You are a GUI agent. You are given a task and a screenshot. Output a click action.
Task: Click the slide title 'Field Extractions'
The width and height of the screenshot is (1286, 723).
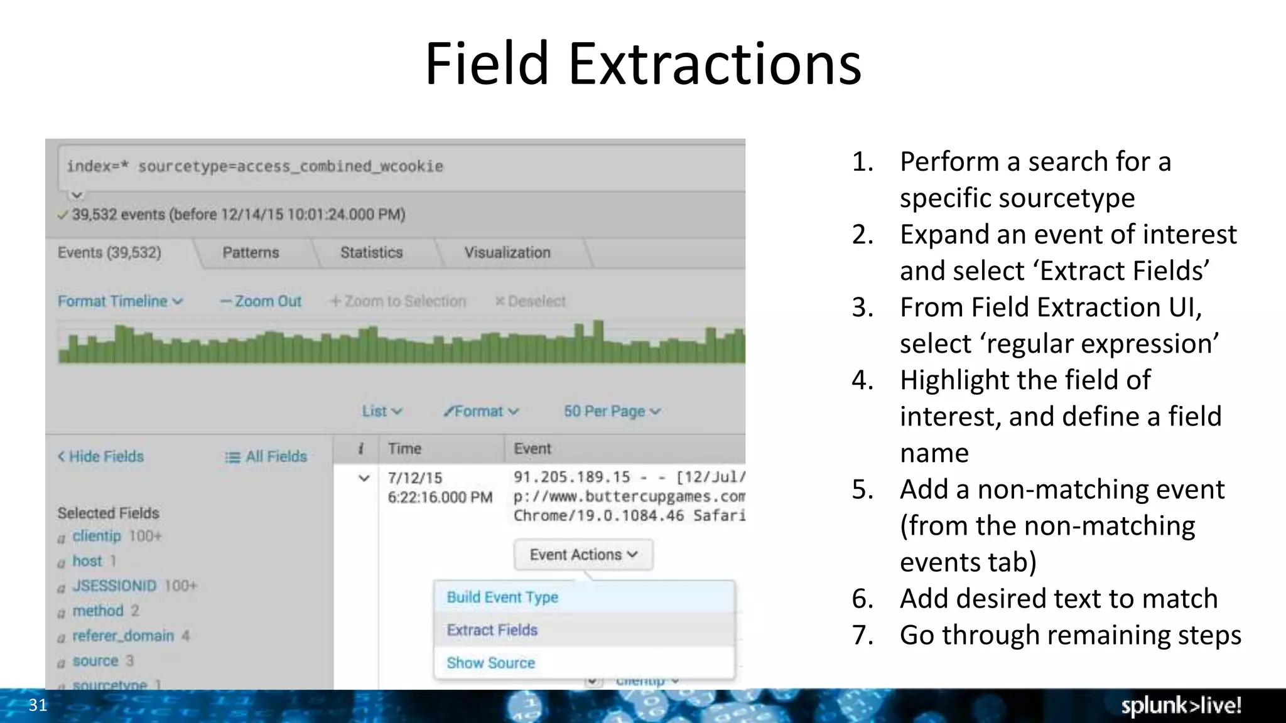[x=643, y=64]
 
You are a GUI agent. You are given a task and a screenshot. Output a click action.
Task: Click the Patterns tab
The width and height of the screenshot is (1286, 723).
[x=251, y=252]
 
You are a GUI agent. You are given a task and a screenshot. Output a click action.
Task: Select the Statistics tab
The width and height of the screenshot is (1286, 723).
[x=371, y=252]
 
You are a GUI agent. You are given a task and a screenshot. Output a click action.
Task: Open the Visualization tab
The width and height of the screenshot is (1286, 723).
[x=507, y=252]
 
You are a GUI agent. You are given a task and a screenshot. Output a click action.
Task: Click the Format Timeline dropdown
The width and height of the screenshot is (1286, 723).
[x=120, y=301]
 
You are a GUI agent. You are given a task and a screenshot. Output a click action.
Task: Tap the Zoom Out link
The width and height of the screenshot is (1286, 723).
[x=261, y=301]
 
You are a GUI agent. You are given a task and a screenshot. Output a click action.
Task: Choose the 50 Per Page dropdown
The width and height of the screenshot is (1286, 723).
[x=612, y=411]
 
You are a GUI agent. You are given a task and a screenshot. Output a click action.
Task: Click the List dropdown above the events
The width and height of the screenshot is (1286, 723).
[x=381, y=411]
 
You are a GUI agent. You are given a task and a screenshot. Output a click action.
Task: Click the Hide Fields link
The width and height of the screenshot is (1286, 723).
[x=101, y=456]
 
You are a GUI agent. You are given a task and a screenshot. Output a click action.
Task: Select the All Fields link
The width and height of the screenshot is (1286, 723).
[x=266, y=456]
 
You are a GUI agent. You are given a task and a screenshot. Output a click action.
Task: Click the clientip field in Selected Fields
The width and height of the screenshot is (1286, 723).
[x=97, y=536]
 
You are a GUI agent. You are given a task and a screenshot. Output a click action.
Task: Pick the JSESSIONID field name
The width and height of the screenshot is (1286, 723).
[x=114, y=586]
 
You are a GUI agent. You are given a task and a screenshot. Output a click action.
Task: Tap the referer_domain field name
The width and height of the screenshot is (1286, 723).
[x=123, y=636]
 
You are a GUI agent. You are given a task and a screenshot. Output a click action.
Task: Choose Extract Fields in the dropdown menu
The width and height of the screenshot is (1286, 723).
[x=492, y=629]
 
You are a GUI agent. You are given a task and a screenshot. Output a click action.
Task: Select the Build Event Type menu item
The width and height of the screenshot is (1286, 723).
[x=502, y=597]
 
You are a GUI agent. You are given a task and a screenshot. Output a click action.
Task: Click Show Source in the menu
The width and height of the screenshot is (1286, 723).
[x=491, y=663]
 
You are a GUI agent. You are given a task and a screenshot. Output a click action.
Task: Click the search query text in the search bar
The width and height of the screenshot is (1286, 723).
[x=255, y=166]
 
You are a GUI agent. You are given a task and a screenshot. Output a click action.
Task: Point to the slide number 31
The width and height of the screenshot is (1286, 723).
[x=38, y=705]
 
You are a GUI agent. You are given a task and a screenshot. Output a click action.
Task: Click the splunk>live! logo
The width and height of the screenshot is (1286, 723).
[x=1181, y=705]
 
